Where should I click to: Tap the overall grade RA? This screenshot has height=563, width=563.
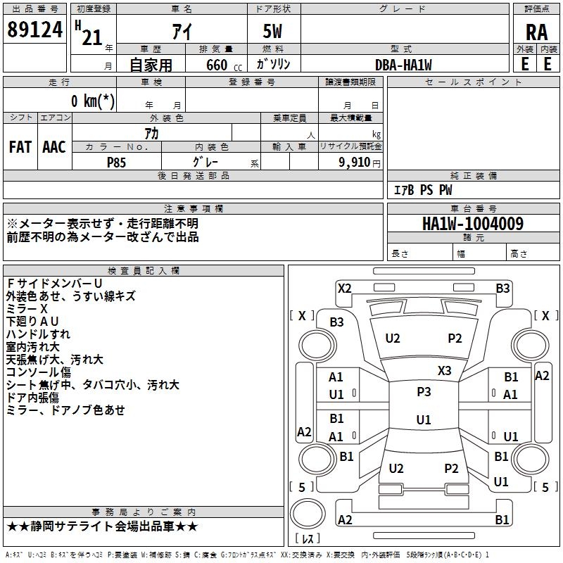[536, 32]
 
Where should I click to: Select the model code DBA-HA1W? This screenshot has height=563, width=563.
[403, 65]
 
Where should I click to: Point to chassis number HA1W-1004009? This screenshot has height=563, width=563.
[473, 224]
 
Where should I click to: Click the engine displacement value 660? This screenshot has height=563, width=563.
[217, 65]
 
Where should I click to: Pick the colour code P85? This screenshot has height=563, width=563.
[117, 163]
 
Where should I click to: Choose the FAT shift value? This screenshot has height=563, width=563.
[20, 147]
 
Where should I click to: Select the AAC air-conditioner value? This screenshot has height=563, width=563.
[54, 147]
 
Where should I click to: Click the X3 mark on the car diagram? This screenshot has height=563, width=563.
[445, 370]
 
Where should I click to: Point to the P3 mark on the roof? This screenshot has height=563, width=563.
[424, 392]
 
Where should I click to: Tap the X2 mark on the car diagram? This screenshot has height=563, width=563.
[344, 288]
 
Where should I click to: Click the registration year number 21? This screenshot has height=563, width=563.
[91, 37]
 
